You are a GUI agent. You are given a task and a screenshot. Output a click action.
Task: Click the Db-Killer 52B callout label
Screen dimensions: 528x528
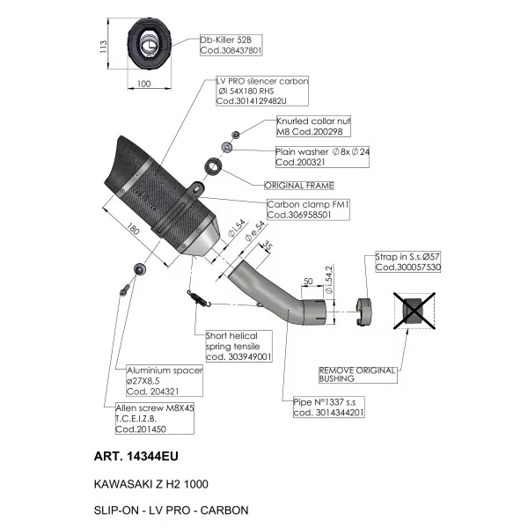(231, 45)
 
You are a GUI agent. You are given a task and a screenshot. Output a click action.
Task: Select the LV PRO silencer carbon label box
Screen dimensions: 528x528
(262, 91)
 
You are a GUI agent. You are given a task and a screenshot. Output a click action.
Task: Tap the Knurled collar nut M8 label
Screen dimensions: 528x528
(313, 126)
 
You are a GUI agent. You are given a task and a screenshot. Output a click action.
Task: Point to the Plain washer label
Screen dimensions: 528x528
(322, 157)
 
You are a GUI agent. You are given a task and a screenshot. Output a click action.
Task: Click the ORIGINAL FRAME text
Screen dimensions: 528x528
(299, 186)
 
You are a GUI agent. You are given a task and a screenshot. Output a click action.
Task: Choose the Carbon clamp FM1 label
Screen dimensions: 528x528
(308, 209)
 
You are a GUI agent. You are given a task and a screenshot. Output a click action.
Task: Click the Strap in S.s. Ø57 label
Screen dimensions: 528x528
(407, 262)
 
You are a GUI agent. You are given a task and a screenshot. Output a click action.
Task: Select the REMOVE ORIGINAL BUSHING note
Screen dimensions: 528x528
(357, 375)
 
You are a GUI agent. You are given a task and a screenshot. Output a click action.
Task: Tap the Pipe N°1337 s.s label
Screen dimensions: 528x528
(328, 407)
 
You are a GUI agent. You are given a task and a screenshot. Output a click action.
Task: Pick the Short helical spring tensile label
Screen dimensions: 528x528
(238, 346)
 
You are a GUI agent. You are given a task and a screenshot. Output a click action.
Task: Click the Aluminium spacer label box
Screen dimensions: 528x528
(165, 380)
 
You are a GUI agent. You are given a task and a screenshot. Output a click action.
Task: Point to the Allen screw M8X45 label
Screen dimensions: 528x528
(155, 418)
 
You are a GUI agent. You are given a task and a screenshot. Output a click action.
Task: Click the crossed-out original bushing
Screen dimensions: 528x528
(414, 311)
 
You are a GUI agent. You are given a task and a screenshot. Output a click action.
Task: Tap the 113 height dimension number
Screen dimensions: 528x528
(103, 47)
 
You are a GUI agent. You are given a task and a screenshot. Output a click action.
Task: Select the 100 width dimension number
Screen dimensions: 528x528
(144, 84)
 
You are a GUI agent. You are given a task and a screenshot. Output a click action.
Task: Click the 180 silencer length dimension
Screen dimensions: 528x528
(133, 229)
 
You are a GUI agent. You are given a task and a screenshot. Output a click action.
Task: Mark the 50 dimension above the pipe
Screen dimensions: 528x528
(308, 282)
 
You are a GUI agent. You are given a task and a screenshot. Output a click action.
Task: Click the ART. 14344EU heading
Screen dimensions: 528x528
(136, 456)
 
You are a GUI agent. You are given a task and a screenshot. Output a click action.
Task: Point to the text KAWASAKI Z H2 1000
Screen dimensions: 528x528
(151, 484)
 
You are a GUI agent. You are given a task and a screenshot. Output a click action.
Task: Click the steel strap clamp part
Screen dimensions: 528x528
(363, 312)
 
